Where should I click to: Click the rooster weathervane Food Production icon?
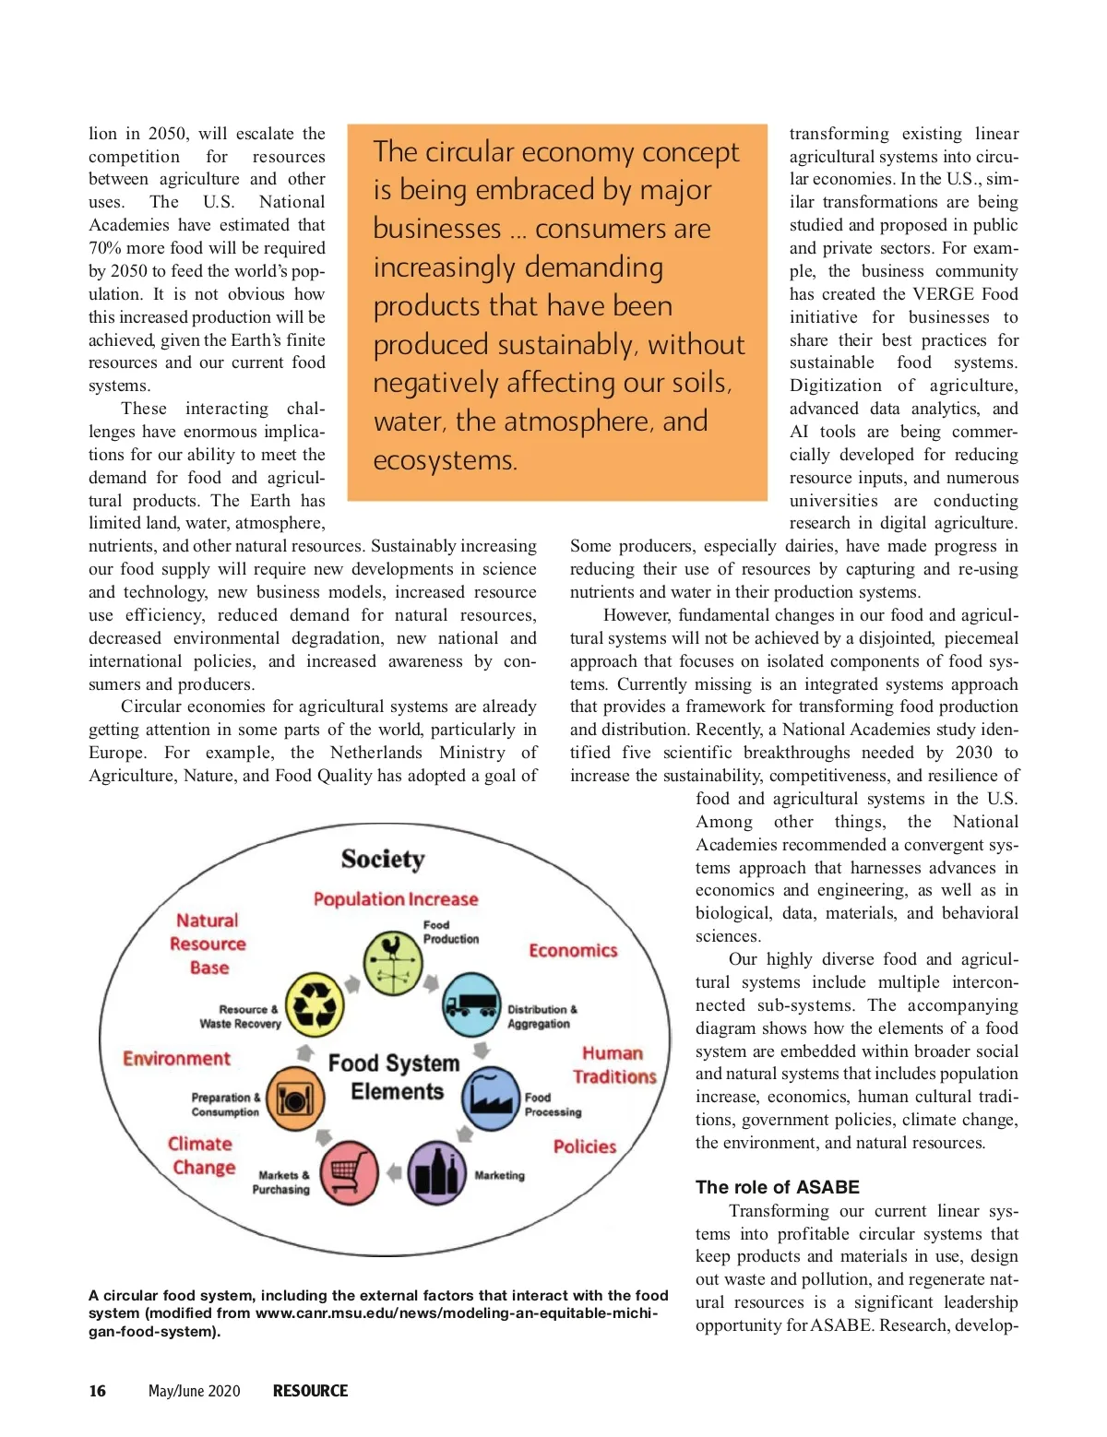point(393,962)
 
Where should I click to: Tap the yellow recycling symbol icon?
point(315,1005)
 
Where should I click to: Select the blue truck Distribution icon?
point(471,1004)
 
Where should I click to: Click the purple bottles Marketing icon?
point(436,1173)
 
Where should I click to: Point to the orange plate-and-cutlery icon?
point(295,1099)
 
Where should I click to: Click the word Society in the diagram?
point(383,860)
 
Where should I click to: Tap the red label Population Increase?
point(396,899)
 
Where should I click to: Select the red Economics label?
point(573,951)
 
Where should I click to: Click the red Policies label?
point(585,1146)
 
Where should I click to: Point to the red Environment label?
point(176,1059)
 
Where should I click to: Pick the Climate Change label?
point(201,1156)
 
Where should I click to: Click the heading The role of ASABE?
point(777,1187)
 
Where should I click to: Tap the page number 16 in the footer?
point(97,1391)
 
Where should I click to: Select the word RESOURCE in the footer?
point(310,1391)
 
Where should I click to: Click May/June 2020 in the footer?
point(194,1391)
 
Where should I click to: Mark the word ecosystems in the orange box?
point(445,460)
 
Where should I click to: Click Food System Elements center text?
point(395,1077)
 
